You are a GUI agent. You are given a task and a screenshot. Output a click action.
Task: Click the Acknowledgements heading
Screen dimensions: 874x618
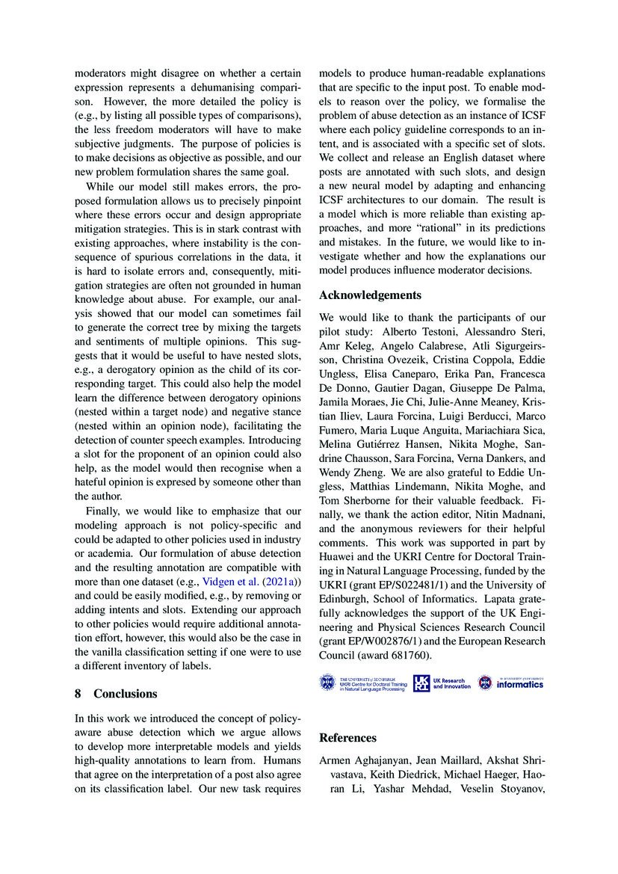[x=370, y=295]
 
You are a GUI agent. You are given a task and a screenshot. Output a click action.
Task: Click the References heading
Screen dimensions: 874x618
[x=347, y=738]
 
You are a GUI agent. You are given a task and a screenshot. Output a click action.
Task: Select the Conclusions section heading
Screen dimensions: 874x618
[x=126, y=693]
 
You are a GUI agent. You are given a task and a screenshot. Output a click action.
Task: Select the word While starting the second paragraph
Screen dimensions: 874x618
[x=101, y=186]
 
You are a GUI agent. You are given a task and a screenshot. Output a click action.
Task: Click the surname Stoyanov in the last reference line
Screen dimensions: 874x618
[x=523, y=788]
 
